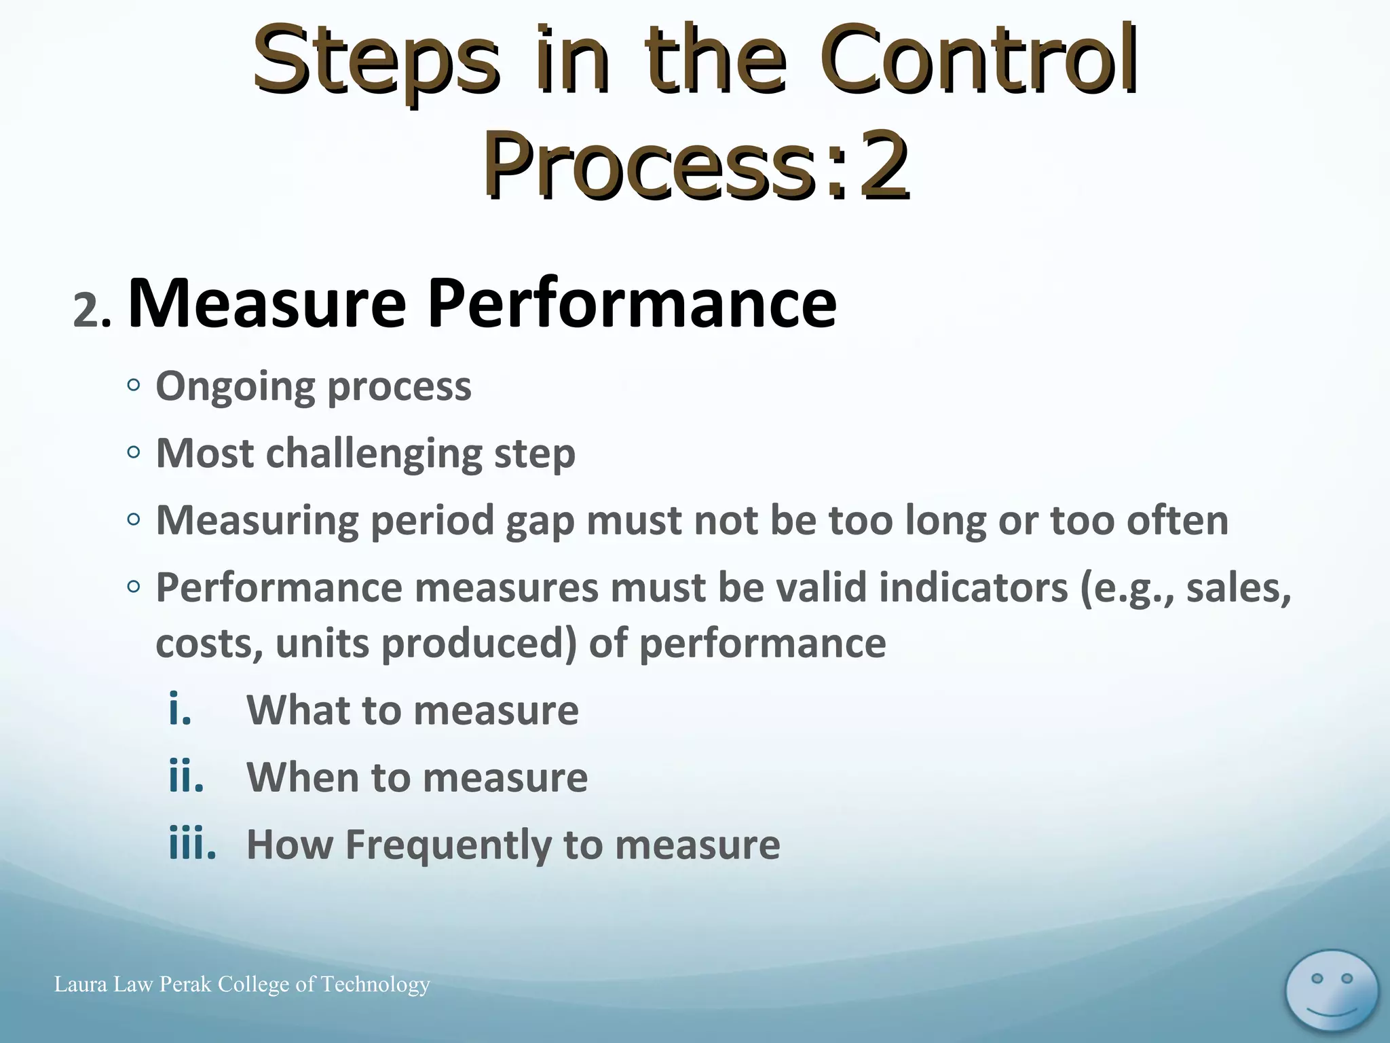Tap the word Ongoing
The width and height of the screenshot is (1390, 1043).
(235, 387)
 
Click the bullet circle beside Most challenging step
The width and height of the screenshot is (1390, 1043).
(134, 452)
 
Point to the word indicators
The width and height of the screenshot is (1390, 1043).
(973, 587)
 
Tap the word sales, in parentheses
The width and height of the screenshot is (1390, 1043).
(1238, 587)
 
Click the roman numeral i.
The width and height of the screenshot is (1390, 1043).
(180, 710)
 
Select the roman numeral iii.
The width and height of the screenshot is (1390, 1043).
(192, 844)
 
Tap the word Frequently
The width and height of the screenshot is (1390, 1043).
(449, 845)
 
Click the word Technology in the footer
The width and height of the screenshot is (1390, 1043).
(375, 984)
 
